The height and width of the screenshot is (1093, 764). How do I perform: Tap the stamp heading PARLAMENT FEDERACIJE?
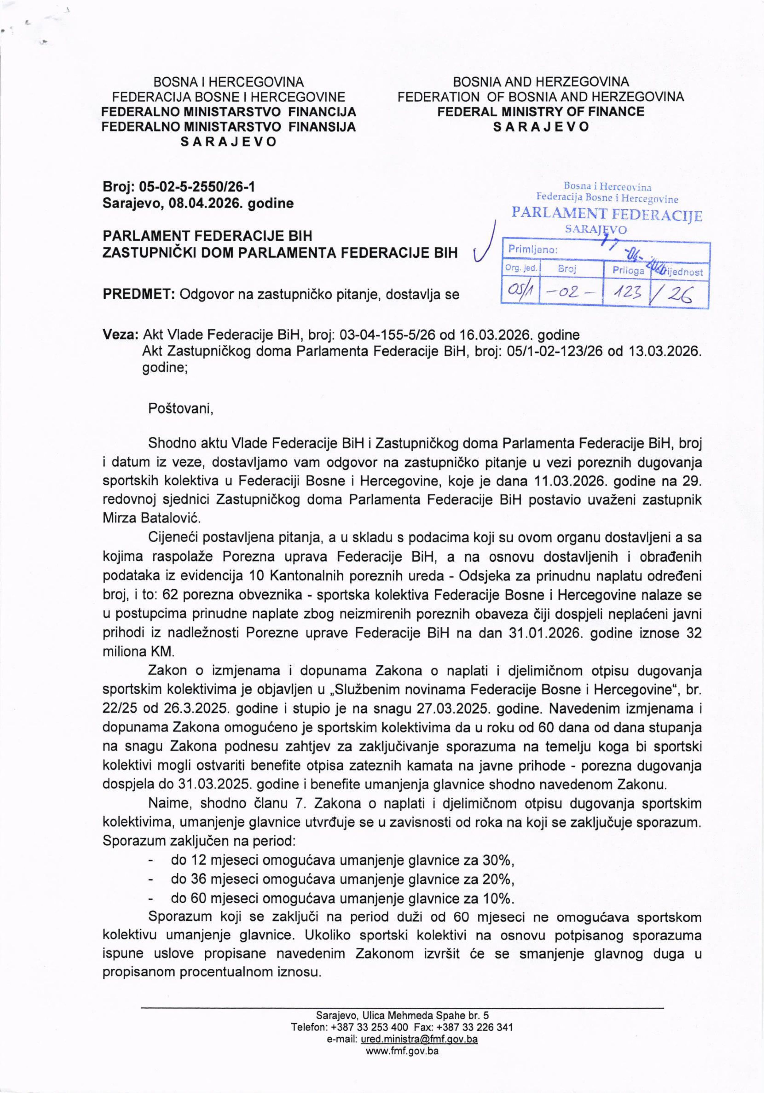coord(606,214)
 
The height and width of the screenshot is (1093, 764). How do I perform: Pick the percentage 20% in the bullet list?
coord(499,878)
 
